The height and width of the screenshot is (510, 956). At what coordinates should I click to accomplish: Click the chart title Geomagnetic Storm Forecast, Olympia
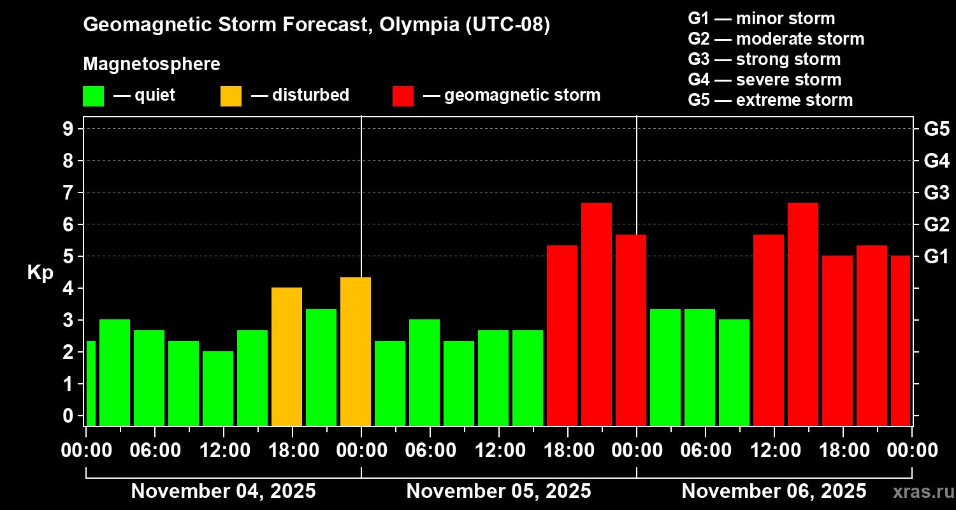click(316, 25)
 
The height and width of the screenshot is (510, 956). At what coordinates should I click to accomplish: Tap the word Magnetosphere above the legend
click(152, 64)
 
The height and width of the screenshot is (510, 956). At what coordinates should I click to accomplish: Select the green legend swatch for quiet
click(93, 96)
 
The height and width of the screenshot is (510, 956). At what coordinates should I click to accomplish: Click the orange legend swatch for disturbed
click(231, 96)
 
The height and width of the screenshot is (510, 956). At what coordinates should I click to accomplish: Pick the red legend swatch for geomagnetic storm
click(403, 96)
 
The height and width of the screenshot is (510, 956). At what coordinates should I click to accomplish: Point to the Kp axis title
click(40, 273)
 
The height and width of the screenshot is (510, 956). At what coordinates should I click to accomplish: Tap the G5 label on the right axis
click(936, 129)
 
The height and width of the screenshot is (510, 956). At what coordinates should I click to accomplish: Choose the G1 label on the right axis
click(936, 257)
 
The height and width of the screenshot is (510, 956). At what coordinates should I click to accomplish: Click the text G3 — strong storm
click(764, 59)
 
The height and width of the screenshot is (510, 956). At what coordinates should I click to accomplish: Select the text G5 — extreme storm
click(770, 100)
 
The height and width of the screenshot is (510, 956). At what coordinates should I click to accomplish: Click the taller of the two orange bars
click(356, 351)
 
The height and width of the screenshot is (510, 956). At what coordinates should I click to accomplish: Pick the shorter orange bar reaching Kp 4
click(287, 356)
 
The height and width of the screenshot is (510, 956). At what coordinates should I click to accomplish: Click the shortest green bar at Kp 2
click(218, 388)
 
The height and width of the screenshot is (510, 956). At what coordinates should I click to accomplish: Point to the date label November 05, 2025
click(498, 492)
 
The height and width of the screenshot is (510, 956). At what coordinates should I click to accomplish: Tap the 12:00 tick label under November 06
click(774, 451)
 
